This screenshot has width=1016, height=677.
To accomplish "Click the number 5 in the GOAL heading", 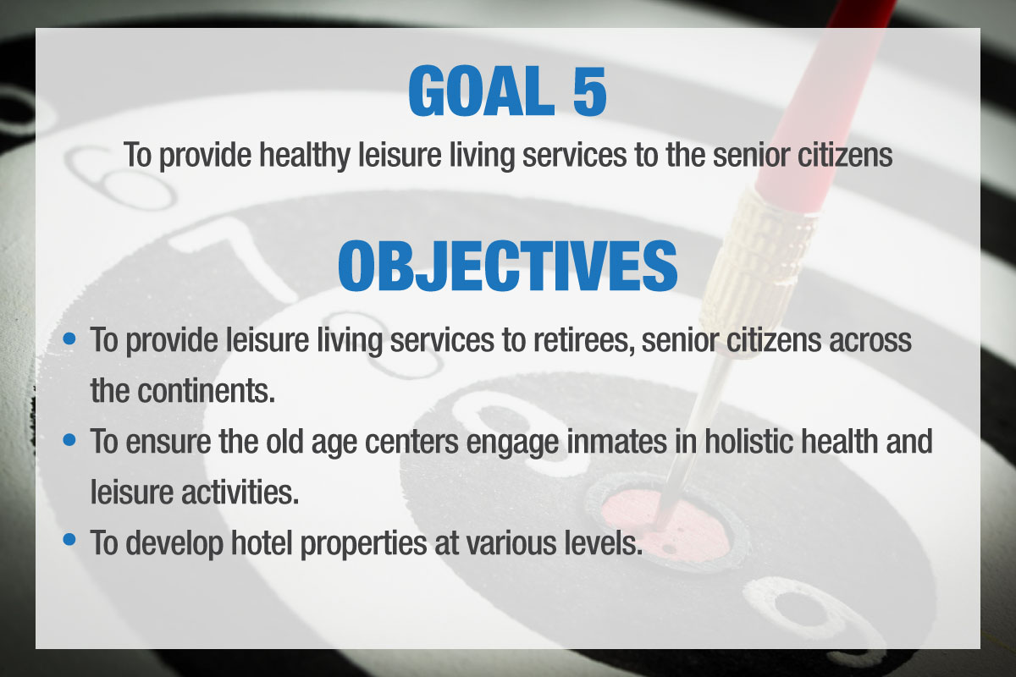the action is click(x=589, y=91).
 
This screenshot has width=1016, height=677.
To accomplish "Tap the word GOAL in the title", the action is click(x=481, y=91).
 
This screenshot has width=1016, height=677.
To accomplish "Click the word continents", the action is click(x=206, y=391).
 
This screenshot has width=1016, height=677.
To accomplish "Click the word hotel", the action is click(x=262, y=542).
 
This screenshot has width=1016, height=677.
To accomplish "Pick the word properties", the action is click(x=363, y=544).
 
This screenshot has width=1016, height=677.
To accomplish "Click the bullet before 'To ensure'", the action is click(x=69, y=440).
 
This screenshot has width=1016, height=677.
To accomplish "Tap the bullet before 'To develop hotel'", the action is click(x=69, y=540).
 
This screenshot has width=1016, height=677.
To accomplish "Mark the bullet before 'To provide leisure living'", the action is click(x=69, y=338).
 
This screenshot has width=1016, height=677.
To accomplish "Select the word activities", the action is click(x=240, y=492).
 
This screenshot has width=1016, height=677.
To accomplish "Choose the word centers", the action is click(x=411, y=443).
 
